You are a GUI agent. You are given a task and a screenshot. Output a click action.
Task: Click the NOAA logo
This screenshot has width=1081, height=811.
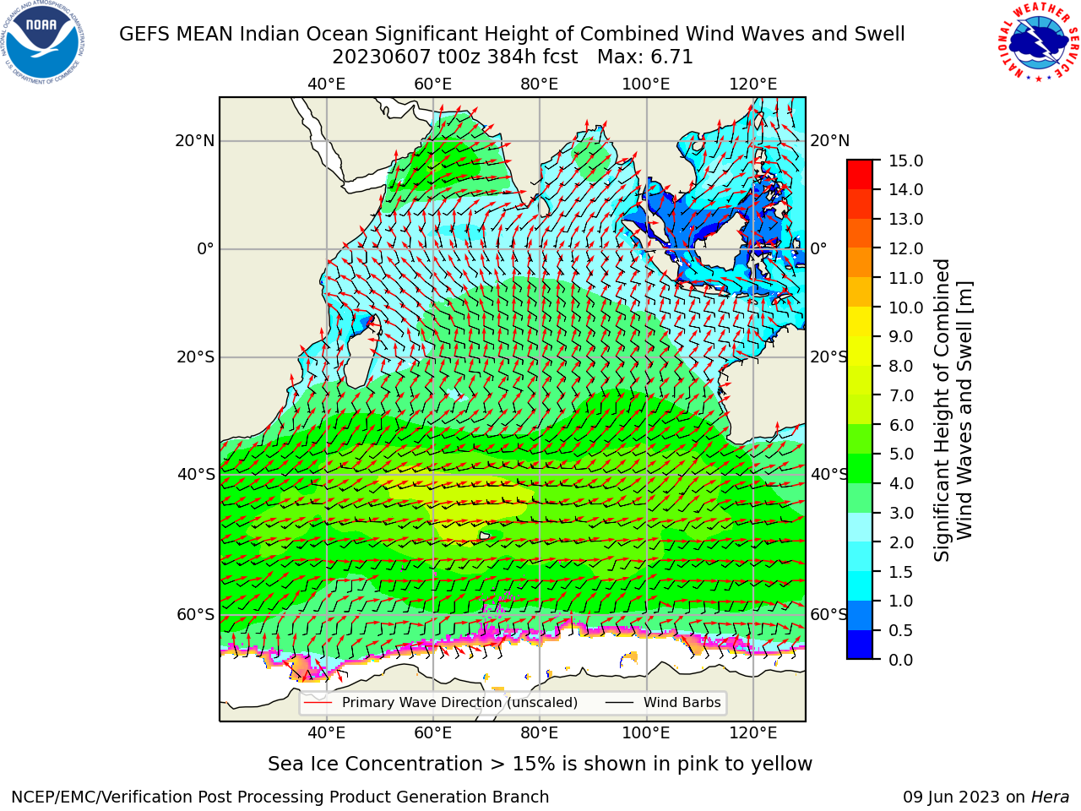tap(43, 42)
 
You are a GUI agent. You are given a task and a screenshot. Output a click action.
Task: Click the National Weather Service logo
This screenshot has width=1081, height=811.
tap(1038, 42)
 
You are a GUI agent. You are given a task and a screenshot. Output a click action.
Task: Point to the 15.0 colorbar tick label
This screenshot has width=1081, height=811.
tap(905, 161)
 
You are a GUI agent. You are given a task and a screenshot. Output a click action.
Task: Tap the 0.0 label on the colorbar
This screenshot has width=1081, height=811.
tap(900, 660)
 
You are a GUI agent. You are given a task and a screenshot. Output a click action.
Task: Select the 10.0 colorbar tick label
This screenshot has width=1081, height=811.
tap(905, 308)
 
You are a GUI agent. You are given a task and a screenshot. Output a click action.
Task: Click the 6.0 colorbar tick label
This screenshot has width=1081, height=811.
tap(900, 425)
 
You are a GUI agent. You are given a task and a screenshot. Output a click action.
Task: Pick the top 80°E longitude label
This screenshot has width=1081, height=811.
tap(540, 84)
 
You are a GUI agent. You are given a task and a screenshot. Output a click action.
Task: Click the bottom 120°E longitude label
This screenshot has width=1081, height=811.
tap(752, 733)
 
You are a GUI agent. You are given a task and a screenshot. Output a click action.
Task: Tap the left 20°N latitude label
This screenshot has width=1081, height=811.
tap(195, 141)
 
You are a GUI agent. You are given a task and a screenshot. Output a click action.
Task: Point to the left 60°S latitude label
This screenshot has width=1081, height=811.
tap(196, 614)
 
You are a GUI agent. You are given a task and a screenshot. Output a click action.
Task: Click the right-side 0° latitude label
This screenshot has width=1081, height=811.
tap(818, 248)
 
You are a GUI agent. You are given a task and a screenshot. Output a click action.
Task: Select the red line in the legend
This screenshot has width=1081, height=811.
tap(318, 703)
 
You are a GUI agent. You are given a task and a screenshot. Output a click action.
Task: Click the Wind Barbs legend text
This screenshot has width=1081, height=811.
tap(682, 702)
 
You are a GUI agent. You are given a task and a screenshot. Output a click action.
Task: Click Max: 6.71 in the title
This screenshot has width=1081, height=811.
tap(644, 57)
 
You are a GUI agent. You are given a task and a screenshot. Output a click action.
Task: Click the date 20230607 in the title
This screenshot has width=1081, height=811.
tap(382, 57)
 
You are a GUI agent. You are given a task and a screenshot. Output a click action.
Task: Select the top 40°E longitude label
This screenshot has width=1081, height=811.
tap(326, 84)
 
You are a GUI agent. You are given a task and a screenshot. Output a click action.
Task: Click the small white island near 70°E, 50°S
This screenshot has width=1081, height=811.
tap(484, 536)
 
